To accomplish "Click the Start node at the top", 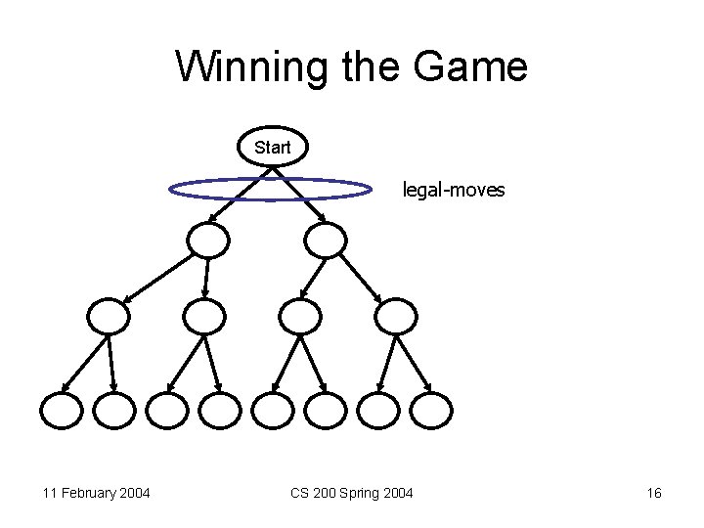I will tap(273, 148).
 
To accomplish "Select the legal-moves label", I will tap(454, 190).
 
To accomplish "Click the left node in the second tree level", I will tap(208, 240).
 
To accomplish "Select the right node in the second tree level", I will tap(326, 240).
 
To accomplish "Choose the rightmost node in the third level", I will tap(396, 315).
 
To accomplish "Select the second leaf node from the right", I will tap(377, 410).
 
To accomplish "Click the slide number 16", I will tap(654, 493).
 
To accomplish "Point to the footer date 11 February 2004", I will tap(96, 493).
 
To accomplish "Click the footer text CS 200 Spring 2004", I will tap(351, 493).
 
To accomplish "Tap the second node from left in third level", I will tap(204, 315).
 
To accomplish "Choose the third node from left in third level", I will tap(300, 315).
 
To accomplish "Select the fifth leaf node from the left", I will tap(272, 410).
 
